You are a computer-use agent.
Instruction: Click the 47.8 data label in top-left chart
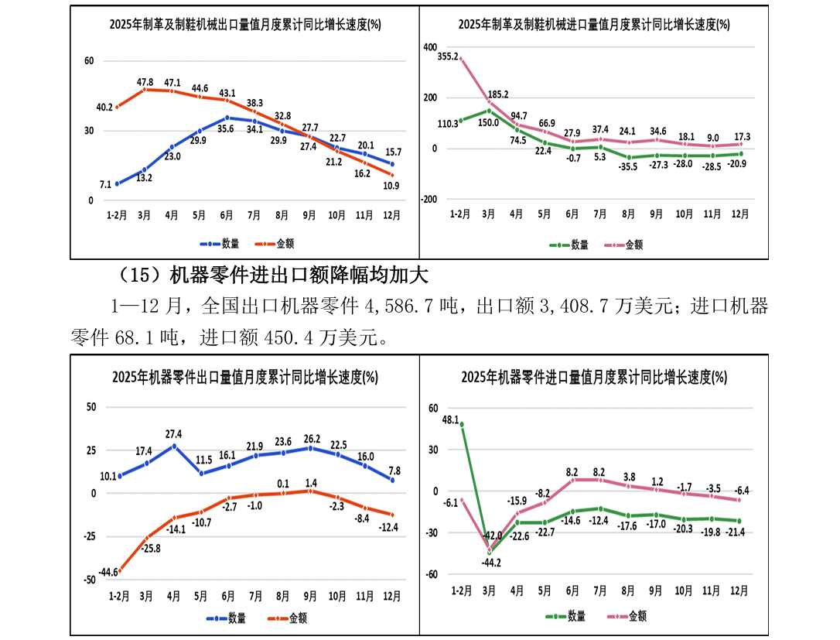point(145,82)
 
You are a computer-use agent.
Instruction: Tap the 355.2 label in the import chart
point(448,56)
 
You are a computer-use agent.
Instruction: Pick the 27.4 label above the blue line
point(173,434)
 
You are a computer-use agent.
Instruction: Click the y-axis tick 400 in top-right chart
point(431,47)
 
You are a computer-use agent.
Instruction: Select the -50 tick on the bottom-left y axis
point(90,579)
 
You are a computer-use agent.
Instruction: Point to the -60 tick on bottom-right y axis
point(432,574)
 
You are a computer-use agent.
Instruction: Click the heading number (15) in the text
point(138,275)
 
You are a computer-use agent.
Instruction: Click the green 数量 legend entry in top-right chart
point(571,245)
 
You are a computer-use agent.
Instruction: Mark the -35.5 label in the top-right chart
point(627,166)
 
